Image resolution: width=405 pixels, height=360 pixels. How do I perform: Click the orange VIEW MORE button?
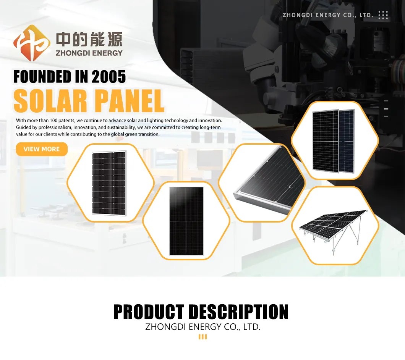point(42,149)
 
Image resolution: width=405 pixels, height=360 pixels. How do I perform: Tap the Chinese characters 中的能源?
point(89,40)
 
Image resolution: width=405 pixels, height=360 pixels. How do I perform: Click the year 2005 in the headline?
point(109,77)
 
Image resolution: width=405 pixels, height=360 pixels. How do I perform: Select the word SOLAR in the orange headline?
point(50,101)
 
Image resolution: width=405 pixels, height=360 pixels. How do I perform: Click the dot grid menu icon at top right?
point(383,15)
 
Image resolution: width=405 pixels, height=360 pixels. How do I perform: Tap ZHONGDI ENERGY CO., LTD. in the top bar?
point(328,15)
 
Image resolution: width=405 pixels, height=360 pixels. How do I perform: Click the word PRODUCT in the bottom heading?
point(149,312)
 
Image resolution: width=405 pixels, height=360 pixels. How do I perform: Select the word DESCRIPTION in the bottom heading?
point(238,312)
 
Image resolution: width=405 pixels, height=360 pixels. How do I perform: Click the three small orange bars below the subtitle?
point(202,336)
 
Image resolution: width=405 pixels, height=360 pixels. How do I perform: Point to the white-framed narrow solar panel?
point(109,182)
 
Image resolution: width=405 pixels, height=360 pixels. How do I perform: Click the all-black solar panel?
point(186,221)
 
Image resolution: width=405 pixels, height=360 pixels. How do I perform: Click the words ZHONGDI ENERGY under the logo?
point(89,53)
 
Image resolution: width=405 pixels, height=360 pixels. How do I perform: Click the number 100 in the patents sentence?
point(53,121)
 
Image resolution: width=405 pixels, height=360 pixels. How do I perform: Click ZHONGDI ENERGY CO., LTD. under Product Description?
point(202,327)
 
